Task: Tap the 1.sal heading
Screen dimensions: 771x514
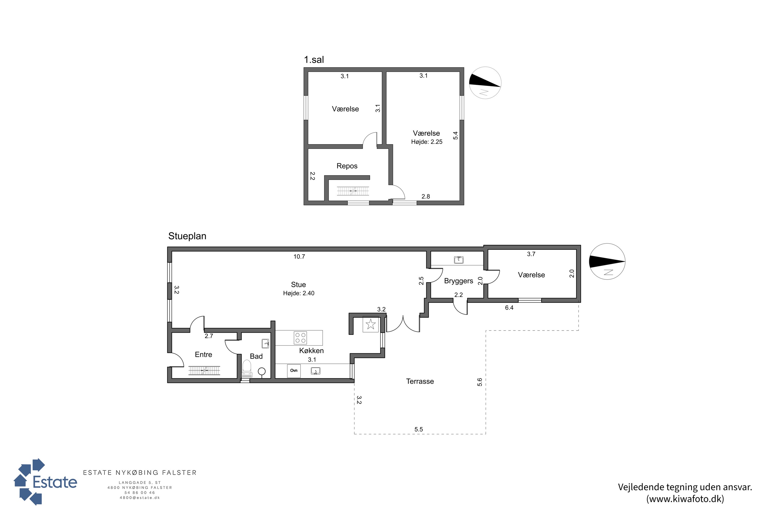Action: (314, 60)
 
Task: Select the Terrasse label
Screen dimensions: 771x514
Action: (420, 381)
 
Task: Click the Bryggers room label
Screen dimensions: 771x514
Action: (458, 281)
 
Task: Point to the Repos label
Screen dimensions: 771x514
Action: (347, 166)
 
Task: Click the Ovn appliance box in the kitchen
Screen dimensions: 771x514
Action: (294, 371)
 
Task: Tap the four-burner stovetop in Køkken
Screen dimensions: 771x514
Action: (300, 338)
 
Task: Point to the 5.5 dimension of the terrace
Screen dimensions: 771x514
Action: (419, 429)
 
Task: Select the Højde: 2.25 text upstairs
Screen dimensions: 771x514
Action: (427, 142)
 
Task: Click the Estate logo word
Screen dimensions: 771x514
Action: (55, 482)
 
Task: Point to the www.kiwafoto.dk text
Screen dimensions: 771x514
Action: (685, 499)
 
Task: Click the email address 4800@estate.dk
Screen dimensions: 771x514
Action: (140, 498)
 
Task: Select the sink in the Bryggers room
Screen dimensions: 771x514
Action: (458, 260)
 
